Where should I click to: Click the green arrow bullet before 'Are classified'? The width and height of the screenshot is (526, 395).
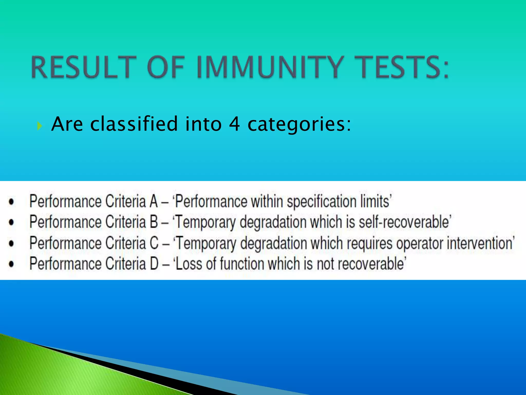pyautogui.click(x=39, y=126)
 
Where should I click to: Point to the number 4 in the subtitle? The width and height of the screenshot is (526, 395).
pyautogui.click(x=234, y=124)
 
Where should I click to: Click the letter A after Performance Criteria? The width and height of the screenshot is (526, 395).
pyautogui.click(x=154, y=201)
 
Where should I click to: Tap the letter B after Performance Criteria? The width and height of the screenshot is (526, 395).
pyautogui.click(x=154, y=222)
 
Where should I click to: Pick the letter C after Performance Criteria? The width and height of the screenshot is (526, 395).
pyautogui.click(x=154, y=243)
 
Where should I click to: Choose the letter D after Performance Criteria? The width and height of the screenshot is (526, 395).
pyautogui.click(x=154, y=264)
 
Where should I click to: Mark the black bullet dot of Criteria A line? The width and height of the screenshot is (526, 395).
pyautogui.click(x=11, y=202)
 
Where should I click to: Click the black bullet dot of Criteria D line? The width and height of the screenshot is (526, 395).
pyautogui.click(x=11, y=264)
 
